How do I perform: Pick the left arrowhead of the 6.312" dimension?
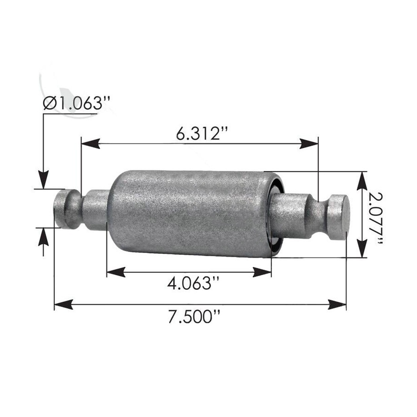coord(90,143)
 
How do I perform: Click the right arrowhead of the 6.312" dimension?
coord(309,143)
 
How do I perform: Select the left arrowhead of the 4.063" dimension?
coord(116,272)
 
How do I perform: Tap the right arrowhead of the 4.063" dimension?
coord(262,272)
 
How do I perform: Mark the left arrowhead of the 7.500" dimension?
coord(64,304)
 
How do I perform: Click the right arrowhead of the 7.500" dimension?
coord(337,304)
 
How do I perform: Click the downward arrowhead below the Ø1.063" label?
coord(43,180)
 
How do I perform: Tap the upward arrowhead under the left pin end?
coord(43,237)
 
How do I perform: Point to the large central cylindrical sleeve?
coord(189,213)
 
